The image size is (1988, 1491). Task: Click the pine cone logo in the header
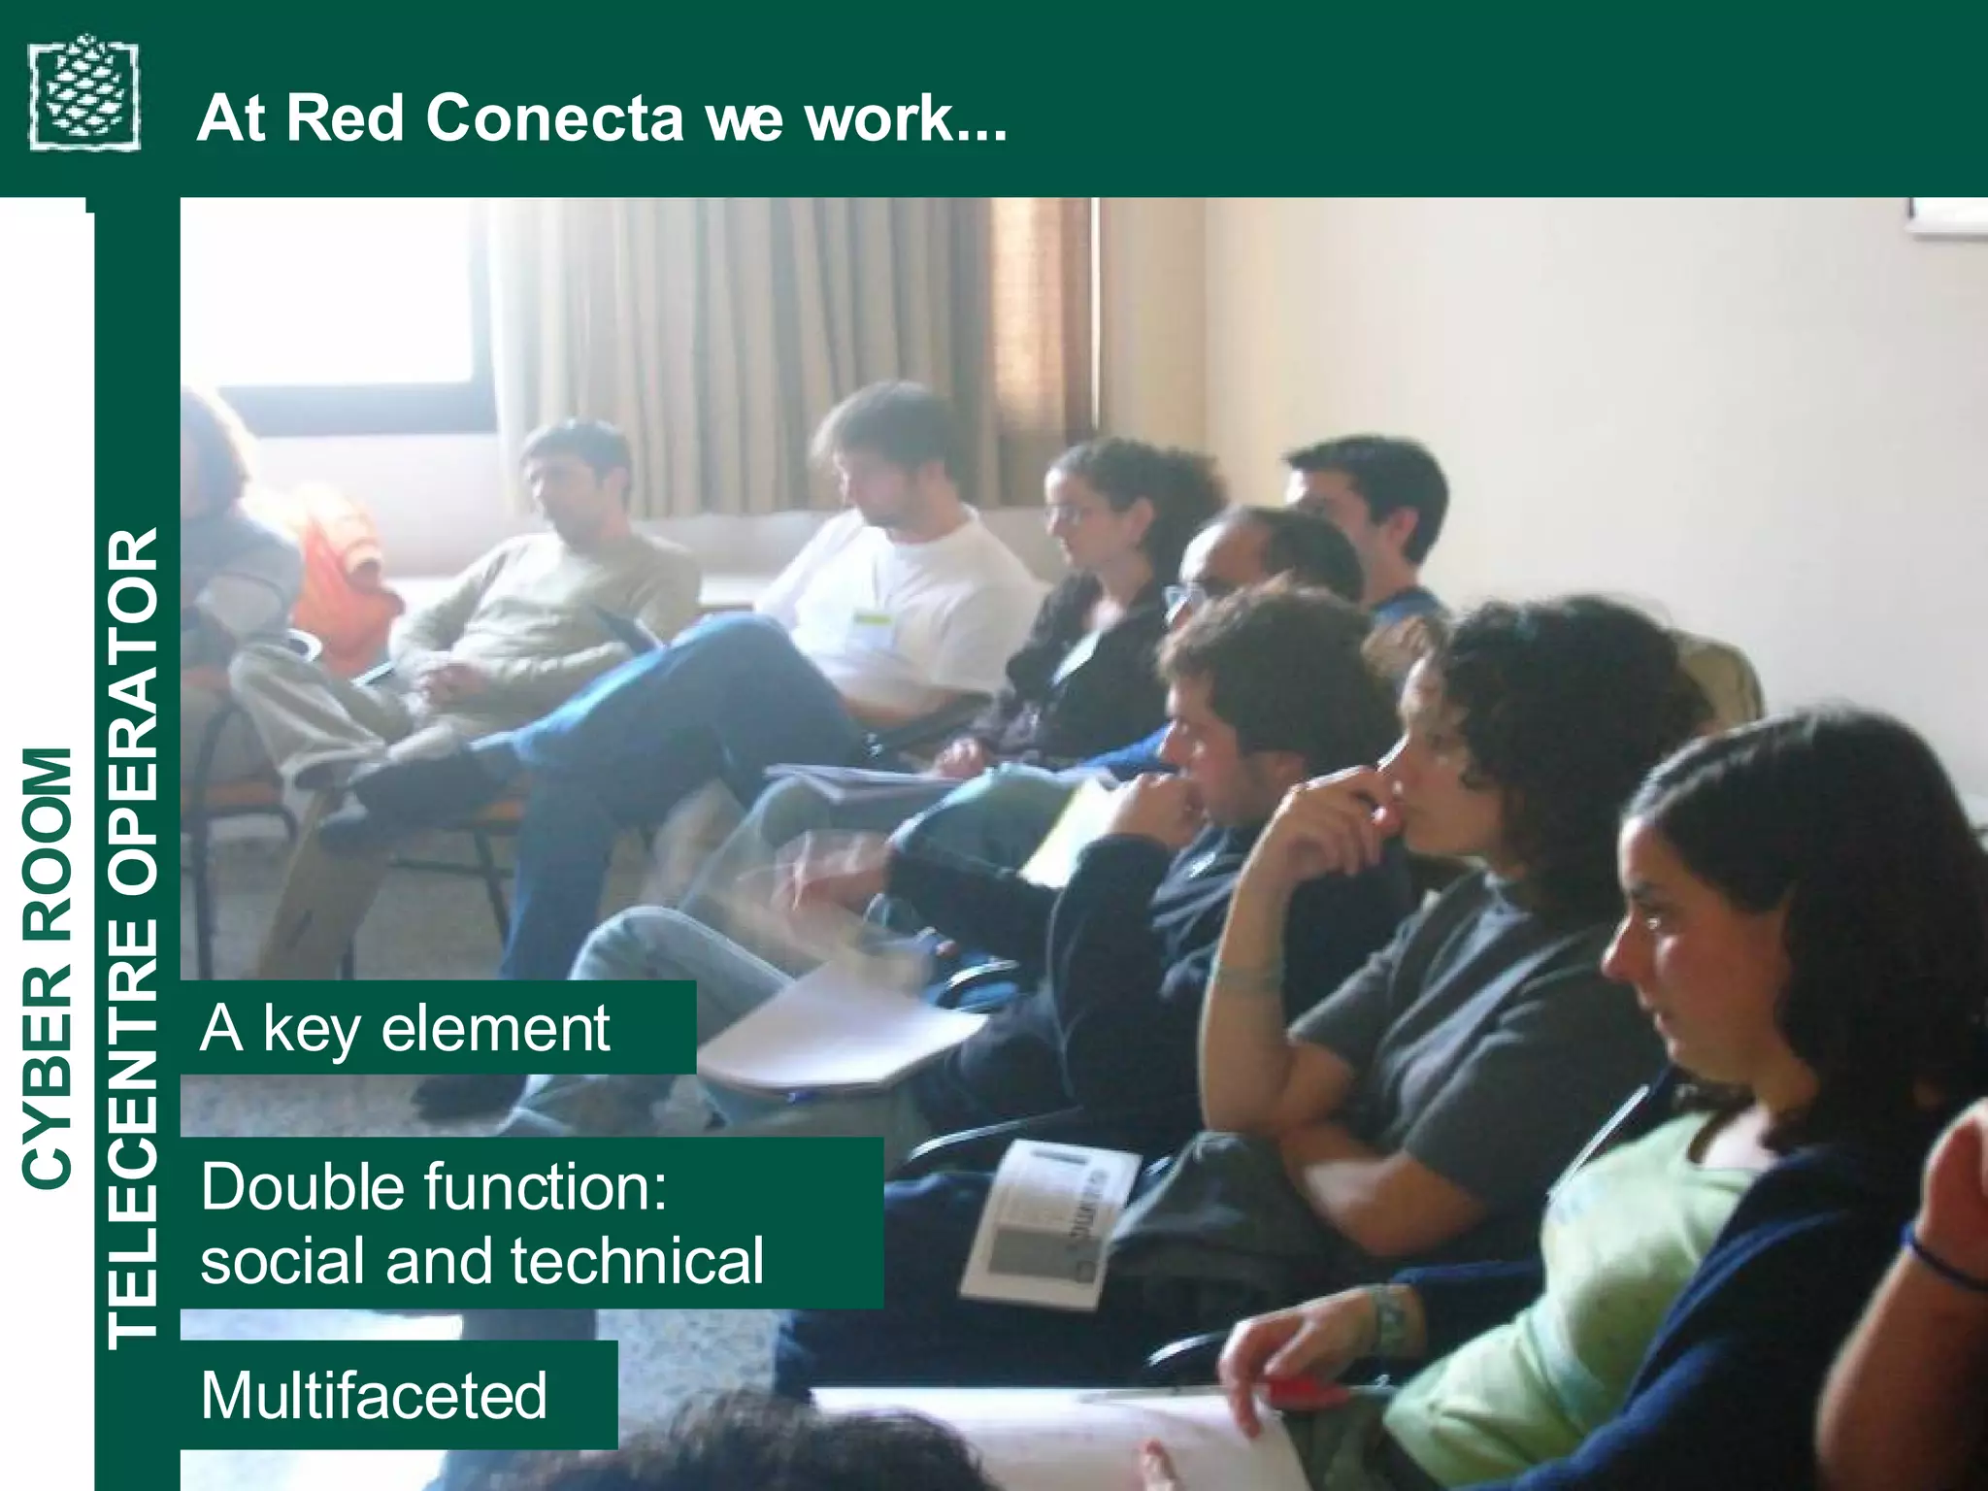point(84,93)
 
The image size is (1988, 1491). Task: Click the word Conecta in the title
point(555,118)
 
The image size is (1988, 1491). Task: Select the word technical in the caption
point(638,1261)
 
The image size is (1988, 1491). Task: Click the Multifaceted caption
point(375,1395)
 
